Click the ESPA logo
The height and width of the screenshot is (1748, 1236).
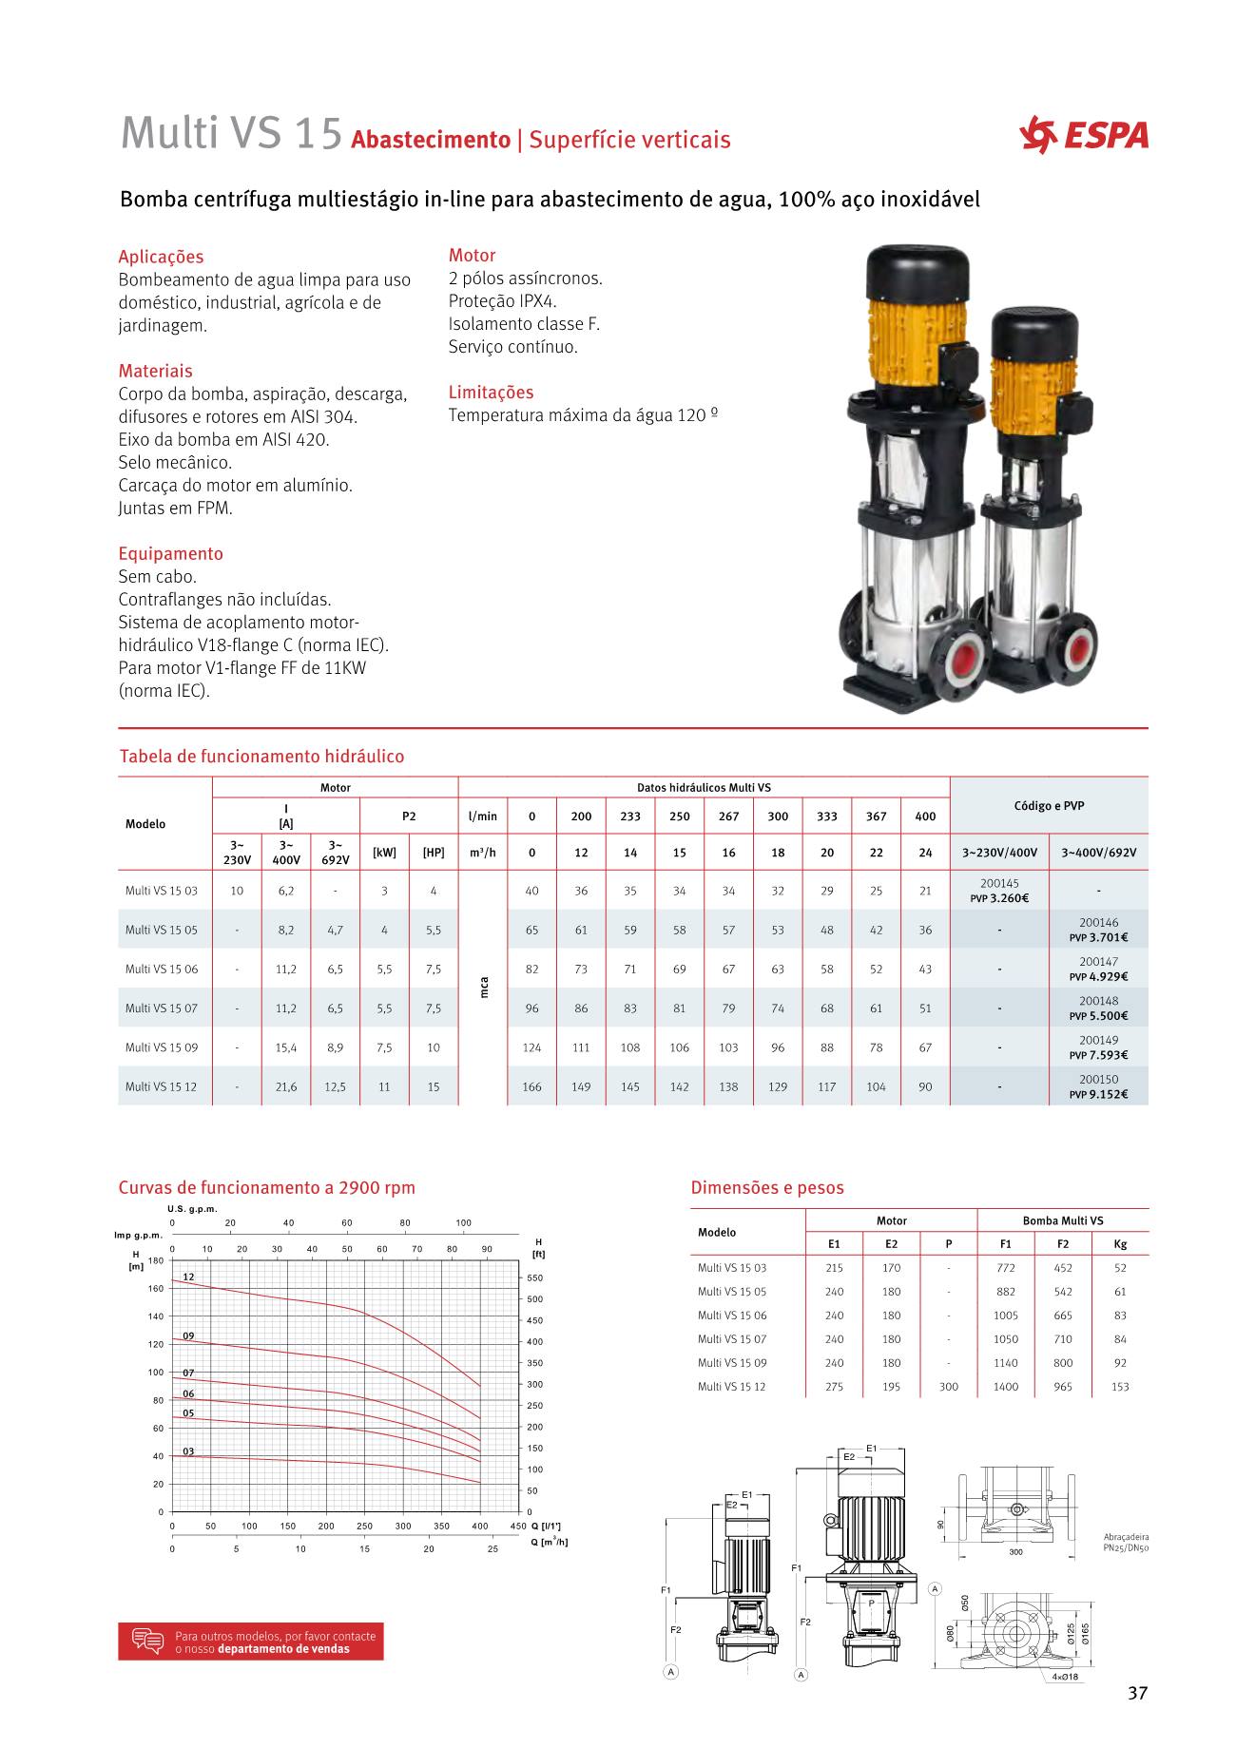coord(1083,135)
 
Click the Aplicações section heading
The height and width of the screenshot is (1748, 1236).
coord(161,257)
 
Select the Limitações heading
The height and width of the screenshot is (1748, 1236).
coord(491,393)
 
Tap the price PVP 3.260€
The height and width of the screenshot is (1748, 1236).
coord(999,898)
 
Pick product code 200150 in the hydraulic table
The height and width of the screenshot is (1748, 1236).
coord(1098,1080)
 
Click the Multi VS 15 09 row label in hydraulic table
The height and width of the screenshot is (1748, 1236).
coord(162,1047)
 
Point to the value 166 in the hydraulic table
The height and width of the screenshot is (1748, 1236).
coord(531,1086)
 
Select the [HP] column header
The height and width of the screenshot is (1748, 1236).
coord(433,853)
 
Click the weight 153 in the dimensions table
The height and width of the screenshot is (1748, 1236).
coord(1120,1387)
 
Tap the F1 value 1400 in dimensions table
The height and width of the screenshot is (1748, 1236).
coord(1005,1387)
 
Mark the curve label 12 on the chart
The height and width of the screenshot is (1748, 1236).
coord(188,1277)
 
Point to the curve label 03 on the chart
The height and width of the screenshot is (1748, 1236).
coord(188,1451)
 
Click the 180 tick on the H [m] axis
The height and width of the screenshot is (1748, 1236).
coord(156,1260)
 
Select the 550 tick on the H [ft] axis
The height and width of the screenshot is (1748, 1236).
coord(534,1278)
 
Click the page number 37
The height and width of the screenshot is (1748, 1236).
coord(1137,1693)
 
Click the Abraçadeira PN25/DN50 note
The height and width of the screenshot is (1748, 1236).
coord(1127,1542)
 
